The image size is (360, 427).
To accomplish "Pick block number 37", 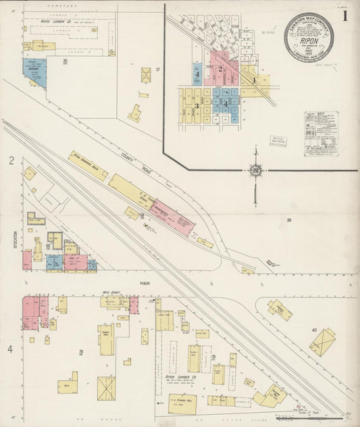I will pos(157,70).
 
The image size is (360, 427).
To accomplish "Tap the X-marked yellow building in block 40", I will pos(322,342).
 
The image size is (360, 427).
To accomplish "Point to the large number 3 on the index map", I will pos(197,105).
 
